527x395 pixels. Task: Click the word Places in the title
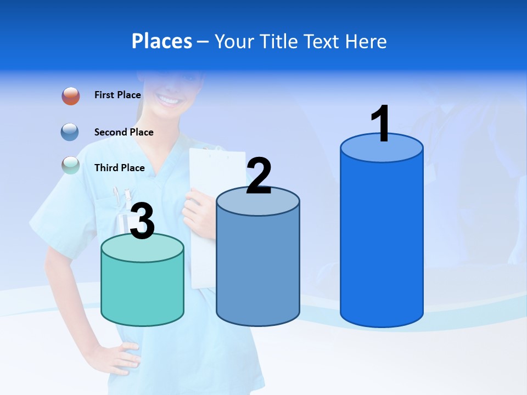pyautogui.click(x=161, y=41)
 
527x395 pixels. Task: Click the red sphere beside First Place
pyautogui.click(x=71, y=96)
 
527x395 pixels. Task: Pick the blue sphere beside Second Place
pyautogui.click(x=70, y=132)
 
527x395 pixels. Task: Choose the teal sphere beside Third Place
pyautogui.click(x=71, y=165)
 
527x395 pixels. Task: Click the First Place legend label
pyautogui.click(x=117, y=95)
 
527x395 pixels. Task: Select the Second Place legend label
pyautogui.click(x=124, y=132)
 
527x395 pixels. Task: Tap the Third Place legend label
pyautogui.click(x=119, y=168)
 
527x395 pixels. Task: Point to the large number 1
pyautogui.click(x=380, y=124)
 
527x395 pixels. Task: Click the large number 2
pyautogui.click(x=259, y=176)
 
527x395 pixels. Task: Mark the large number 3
pyautogui.click(x=143, y=222)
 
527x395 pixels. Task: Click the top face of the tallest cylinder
pyautogui.click(x=382, y=148)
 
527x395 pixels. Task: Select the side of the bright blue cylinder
pyautogui.click(x=382, y=241)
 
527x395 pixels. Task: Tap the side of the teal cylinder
pyautogui.click(x=142, y=291)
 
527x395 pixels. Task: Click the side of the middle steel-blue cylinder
pyautogui.click(x=258, y=269)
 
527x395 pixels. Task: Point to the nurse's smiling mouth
pyautogui.click(x=169, y=100)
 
